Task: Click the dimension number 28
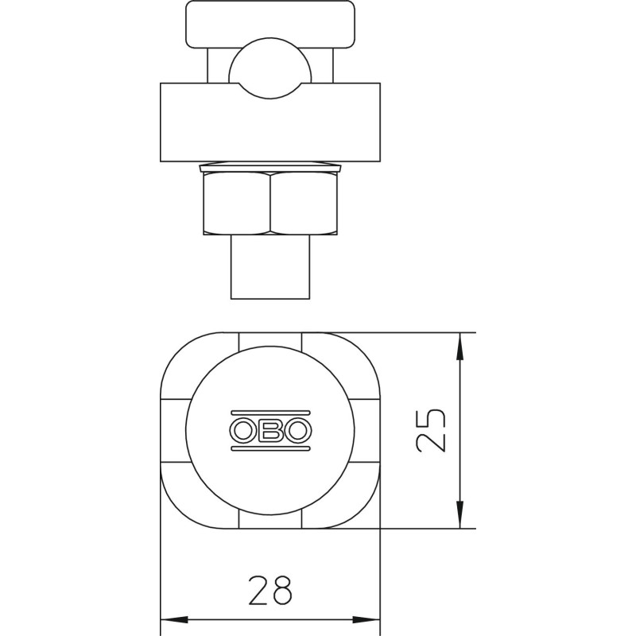(270, 590)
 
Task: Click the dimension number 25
(431, 430)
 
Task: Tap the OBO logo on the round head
(270, 430)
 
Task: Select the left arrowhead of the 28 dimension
(174, 620)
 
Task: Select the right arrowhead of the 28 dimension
(366, 620)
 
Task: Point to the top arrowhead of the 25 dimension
(460, 346)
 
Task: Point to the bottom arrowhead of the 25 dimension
(460, 514)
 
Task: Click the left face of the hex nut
(237, 203)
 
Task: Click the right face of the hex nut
(304, 203)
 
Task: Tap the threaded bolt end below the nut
(270, 267)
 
